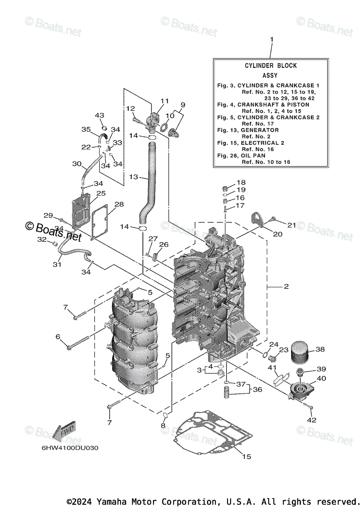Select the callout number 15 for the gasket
tap(247, 457)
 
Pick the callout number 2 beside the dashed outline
tap(286, 287)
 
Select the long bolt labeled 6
tap(78, 342)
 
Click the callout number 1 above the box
tap(272, 39)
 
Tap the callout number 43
tap(99, 116)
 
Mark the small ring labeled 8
tap(166, 416)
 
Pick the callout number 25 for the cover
tap(101, 193)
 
